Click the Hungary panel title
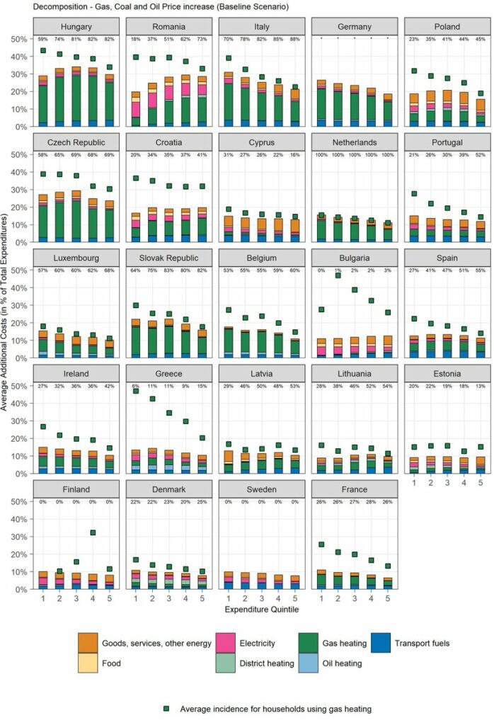click(x=76, y=27)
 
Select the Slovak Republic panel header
click(x=169, y=258)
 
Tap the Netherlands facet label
click(x=355, y=143)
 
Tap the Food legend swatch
click(x=88, y=663)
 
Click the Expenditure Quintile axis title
click(x=261, y=609)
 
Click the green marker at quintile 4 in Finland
click(x=92, y=532)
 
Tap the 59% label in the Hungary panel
click(x=43, y=39)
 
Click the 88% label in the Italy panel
click(x=294, y=39)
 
